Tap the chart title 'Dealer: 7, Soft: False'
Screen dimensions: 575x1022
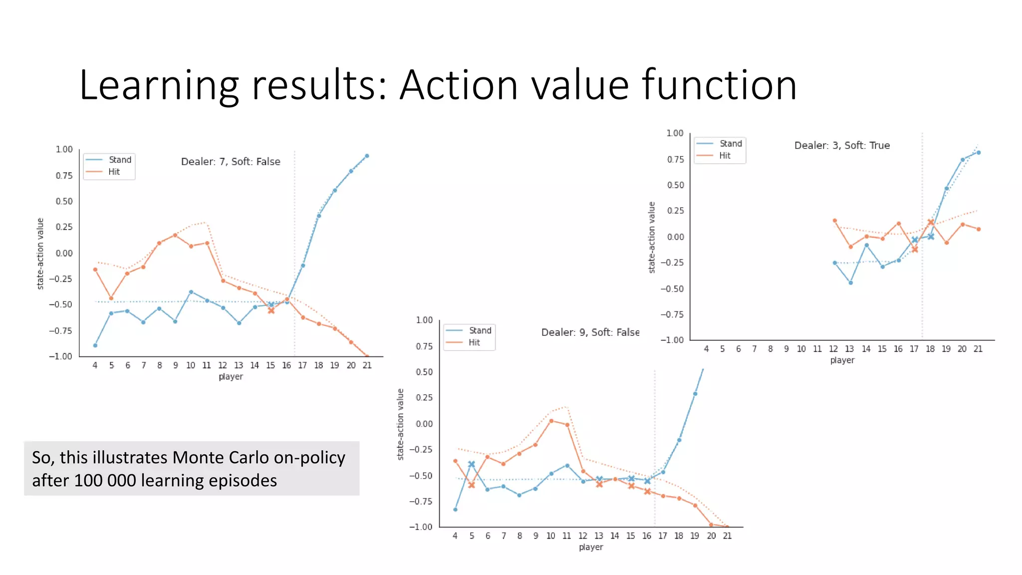231,162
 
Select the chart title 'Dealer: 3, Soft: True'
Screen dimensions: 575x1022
842,145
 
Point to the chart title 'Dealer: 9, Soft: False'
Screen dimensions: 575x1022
590,332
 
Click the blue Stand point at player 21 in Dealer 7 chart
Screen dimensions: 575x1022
367,156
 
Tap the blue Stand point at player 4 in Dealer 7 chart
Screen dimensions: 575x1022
95,345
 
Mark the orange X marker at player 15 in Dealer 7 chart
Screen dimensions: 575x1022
271,310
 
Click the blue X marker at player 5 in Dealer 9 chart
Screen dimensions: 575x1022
471,464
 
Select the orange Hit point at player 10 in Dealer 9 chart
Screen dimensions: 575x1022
551,421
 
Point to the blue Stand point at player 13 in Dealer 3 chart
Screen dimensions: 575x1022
851,283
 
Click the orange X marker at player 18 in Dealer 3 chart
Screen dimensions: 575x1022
931,222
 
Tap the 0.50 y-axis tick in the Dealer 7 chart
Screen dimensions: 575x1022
64,201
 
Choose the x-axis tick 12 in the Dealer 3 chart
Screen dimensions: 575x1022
833,349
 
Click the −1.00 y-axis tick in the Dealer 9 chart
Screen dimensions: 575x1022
421,527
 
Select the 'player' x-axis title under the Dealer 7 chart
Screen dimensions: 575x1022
231,376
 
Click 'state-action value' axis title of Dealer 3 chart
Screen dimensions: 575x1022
652,238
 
